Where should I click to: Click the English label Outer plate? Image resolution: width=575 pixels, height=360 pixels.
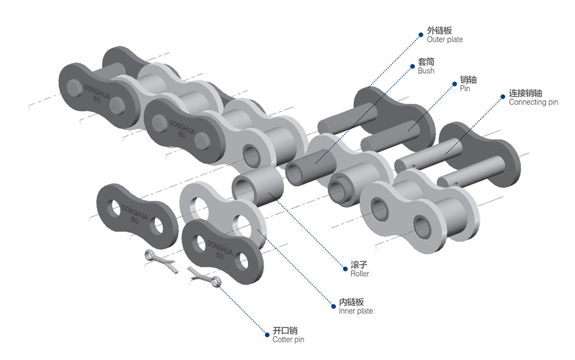tap(444, 40)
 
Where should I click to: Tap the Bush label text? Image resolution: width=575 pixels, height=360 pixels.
tap(425, 71)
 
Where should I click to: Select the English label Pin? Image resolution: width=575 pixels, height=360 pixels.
tap(465, 89)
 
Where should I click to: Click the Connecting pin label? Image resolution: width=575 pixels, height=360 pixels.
tap(533, 102)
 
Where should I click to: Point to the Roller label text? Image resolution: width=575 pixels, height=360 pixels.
tap(359, 274)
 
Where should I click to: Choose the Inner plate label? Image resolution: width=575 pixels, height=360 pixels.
tap(356, 311)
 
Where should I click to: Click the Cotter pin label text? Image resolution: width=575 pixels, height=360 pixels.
tap(288, 339)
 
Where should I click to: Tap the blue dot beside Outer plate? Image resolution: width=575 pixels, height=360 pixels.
tap(421, 35)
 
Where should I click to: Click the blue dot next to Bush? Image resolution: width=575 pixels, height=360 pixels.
tap(412, 66)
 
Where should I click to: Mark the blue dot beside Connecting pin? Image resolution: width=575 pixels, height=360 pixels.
tap(503, 97)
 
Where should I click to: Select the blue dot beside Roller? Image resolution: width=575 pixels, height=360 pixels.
tap(345, 269)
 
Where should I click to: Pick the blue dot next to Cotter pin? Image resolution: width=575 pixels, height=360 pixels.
tap(267, 334)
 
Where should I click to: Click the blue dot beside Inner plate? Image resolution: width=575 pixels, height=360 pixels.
tap(333, 306)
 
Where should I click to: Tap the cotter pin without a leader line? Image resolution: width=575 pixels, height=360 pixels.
tap(160, 261)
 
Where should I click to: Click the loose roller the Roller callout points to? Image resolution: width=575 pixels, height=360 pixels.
tap(258, 186)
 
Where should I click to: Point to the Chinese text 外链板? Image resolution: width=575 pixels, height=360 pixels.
tap(439, 30)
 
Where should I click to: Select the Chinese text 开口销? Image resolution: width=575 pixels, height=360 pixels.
tap(285, 330)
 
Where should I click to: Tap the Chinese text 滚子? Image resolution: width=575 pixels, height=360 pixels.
tap(359, 265)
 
